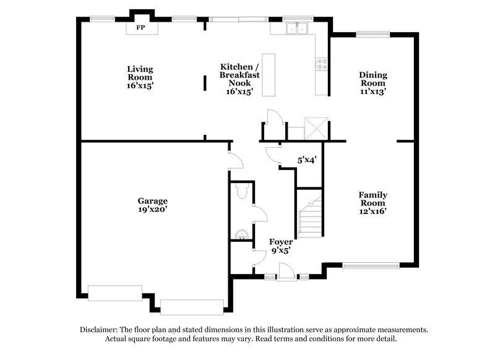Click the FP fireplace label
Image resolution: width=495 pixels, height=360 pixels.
pyautogui.click(x=140, y=28)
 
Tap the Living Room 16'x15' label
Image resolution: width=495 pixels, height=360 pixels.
pyautogui.click(x=140, y=77)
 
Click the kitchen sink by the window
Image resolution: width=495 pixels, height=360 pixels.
pyautogui.click(x=298, y=28)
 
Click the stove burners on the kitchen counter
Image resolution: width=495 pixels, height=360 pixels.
pyautogui.click(x=321, y=61)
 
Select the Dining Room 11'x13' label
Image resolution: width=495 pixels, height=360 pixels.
pyautogui.click(x=373, y=83)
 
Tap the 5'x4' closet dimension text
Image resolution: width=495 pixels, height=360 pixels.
pyautogui.click(x=307, y=160)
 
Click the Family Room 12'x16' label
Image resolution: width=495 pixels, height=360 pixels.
pyautogui.click(x=372, y=202)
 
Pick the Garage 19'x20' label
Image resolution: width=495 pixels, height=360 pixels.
pyautogui.click(x=153, y=205)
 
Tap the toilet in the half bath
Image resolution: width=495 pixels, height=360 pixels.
pyautogui.click(x=243, y=193)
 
